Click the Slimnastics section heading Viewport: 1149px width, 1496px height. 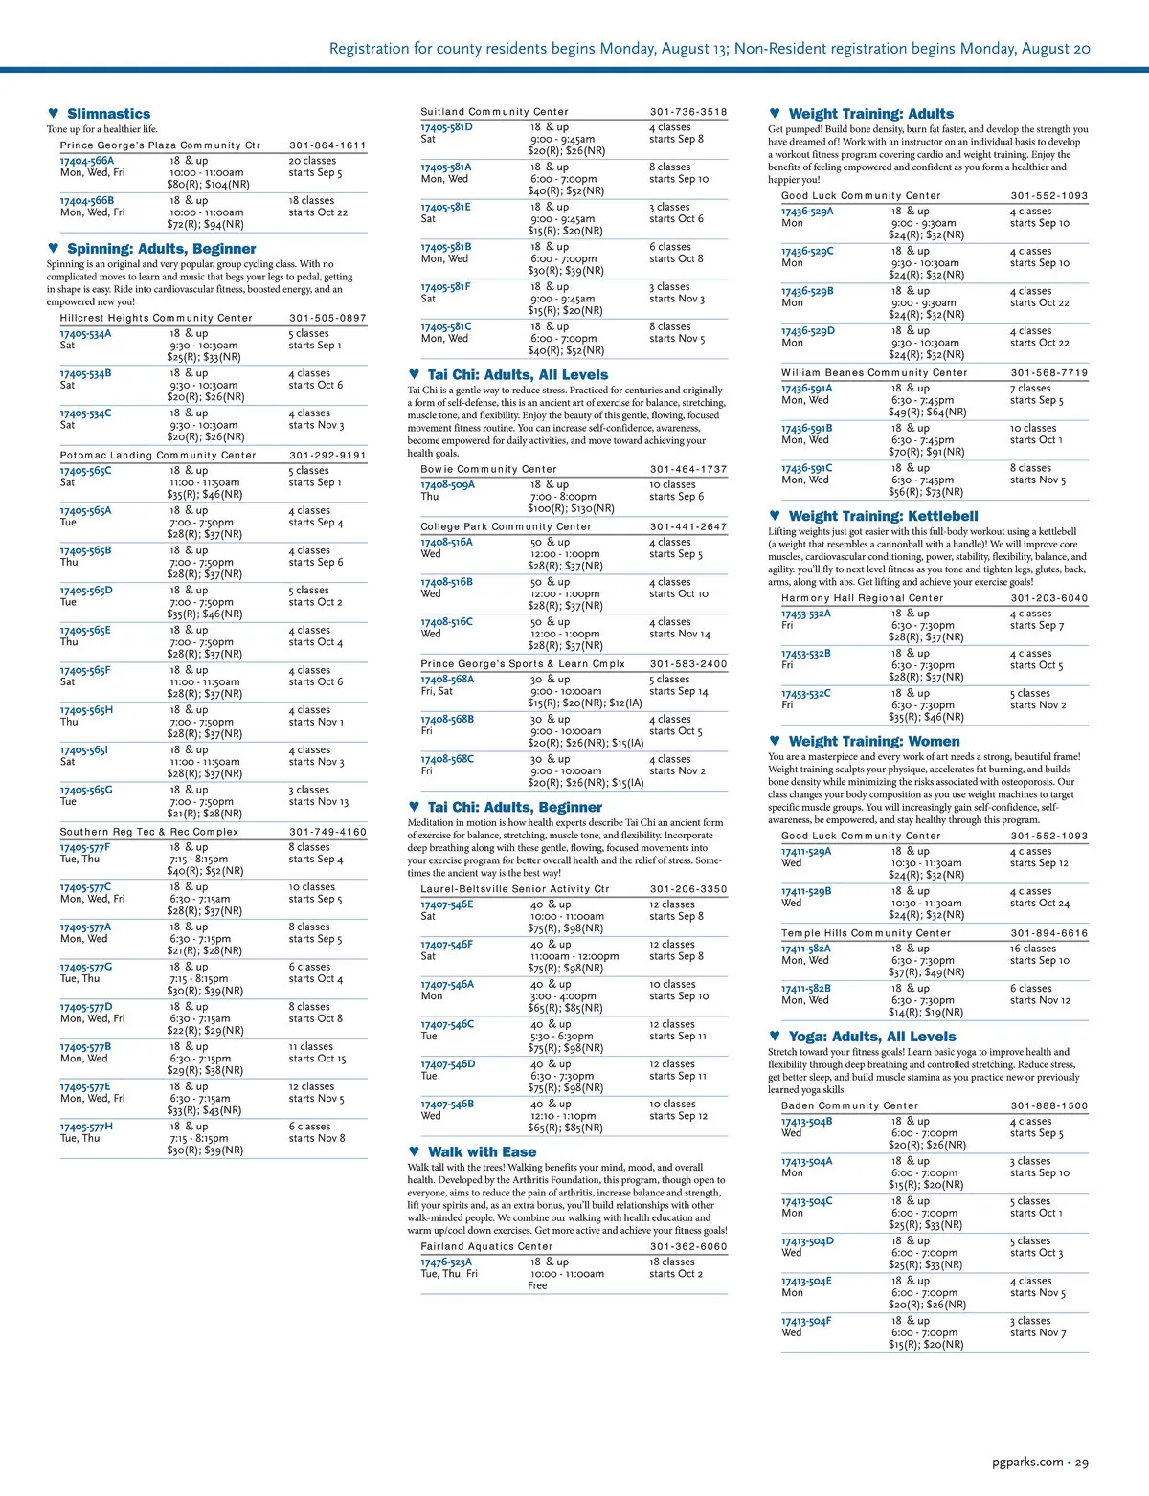click(x=108, y=114)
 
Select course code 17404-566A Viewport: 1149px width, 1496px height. click(x=87, y=161)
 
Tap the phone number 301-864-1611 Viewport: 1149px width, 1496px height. click(x=327, y=145)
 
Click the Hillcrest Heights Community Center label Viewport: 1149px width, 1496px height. click(x=156, y=318)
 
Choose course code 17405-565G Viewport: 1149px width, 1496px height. click(x=86, y=791)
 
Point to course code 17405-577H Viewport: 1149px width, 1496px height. click(x=86, y=1127)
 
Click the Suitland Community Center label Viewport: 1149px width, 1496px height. click(x=494, y=112)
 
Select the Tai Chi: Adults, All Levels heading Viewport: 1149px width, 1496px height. click(x=517, y=375)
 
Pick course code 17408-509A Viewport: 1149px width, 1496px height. click(x=447, y=485)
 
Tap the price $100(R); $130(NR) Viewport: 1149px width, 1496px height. click(x=571, y=508)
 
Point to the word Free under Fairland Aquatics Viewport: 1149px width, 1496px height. click(x=537, y=1285)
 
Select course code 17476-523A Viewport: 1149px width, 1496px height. click(x=446, y=1262)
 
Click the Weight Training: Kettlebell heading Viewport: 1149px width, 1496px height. click(x=883, y=516)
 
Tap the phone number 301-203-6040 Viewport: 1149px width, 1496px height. click(x=1048, y=598)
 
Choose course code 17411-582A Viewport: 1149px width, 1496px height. click(x=806, y=949)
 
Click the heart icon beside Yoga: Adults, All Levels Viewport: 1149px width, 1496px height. click(x=775, y=1036)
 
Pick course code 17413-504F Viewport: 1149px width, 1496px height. click(x=806, y=1321)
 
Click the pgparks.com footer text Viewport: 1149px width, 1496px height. click(x=1027, y=1462)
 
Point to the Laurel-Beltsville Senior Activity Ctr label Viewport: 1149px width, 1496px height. click(x=514, y=889)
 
